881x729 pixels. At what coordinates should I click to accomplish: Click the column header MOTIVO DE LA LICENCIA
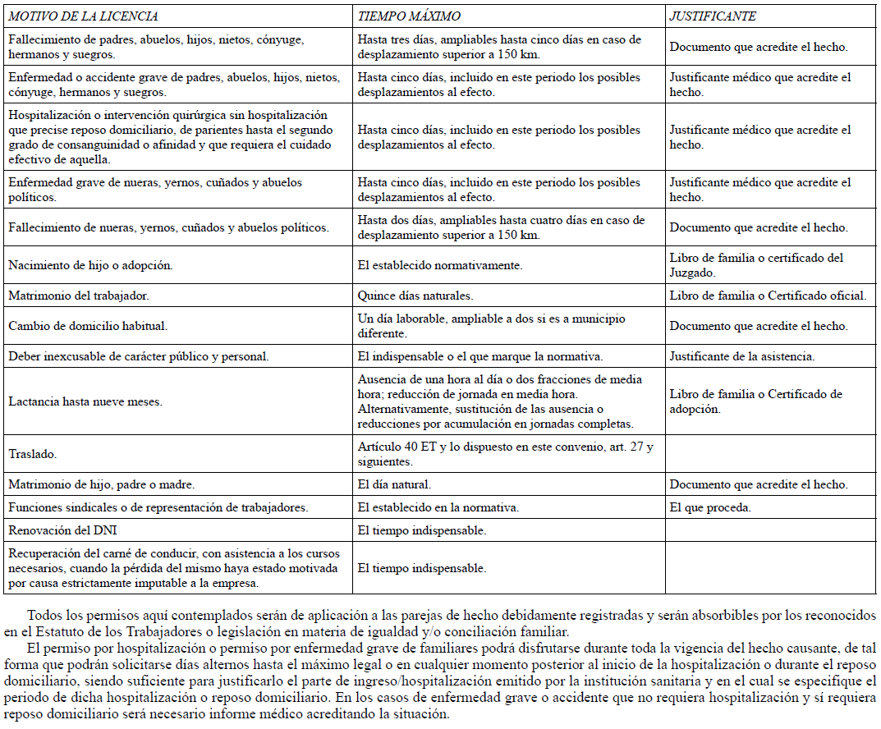pyautogui.click(x=83, y=16)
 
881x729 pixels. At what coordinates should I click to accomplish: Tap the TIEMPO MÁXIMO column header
pyautogui.click(x=408, y=16)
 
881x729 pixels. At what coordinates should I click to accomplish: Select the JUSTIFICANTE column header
pyautogui.click(x=712, y=16)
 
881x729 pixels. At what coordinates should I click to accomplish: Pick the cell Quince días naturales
pyautogui.click(x=415, y=296)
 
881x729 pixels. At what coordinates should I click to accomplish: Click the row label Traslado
pyautogui.click(x=32, y=453)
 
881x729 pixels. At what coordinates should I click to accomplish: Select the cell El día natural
pyautogui.click(x=394, y=484)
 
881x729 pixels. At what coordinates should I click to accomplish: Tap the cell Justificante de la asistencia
pyautogui.click(x=741, y=356)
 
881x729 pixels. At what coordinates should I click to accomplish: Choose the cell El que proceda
pyautogui.click(x=710, y=507)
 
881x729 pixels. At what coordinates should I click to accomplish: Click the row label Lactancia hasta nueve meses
pyautogui.click(x=85, y=402)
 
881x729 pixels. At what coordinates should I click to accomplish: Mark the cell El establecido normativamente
pyautogui.click(x=440, y=265)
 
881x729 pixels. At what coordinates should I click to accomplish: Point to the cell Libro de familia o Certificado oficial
pyautogui.click(x=768, y=296)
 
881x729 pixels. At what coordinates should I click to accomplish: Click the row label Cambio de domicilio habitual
pyautogui.click(x=88, y=326)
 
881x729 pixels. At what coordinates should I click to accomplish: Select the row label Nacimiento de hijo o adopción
pyautogui.click(x=90, y=265)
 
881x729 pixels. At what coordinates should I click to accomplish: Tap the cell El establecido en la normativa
pyautogui.click(x=438, y=507)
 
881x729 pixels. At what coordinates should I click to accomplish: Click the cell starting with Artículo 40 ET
pyautogui.click(x=505, y=453)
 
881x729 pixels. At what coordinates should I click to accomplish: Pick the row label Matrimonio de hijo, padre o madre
pyautogui.click(x=101, y=484)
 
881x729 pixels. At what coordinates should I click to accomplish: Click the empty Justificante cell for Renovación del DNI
pyautogui.click(x=770, y=530)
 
